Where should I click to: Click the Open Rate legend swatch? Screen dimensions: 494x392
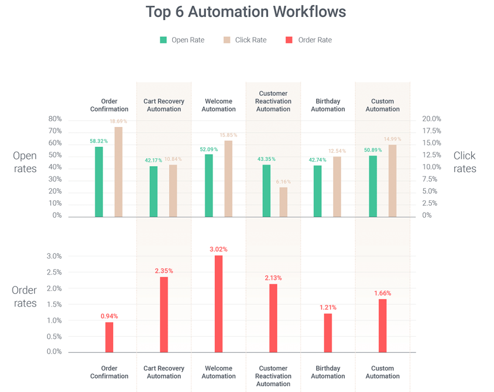point(163,40)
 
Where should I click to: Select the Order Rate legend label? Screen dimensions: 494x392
point(315,40)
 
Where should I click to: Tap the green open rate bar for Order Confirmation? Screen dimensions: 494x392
point(99,182)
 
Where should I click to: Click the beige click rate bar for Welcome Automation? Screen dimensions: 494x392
point(228,179)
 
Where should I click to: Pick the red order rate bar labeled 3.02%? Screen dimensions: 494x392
point(219,304)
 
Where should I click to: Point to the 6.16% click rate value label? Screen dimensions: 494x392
point(283,182)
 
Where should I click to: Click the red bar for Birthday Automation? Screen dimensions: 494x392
point(328,333)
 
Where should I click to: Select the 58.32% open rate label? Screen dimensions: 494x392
point(98,141)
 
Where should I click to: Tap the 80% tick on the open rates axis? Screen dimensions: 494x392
point(55,119)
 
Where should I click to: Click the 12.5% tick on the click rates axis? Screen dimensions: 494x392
point(432,155)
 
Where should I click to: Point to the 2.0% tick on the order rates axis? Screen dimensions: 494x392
point(54,289)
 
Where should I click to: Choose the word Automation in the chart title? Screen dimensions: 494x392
point(228,12)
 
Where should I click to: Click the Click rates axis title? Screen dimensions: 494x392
point(465,162)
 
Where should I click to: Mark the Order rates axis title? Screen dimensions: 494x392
point(24,297)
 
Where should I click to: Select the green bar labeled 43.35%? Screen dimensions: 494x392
point(266,191)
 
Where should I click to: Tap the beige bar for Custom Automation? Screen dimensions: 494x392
point(392,181)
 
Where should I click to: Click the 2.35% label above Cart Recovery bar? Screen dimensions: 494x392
point(164,271)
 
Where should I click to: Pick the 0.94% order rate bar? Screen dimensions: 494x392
point(110,337)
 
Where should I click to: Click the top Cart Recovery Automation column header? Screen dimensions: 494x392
point(164,105)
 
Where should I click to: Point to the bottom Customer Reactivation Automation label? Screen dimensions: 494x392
point(273,376)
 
